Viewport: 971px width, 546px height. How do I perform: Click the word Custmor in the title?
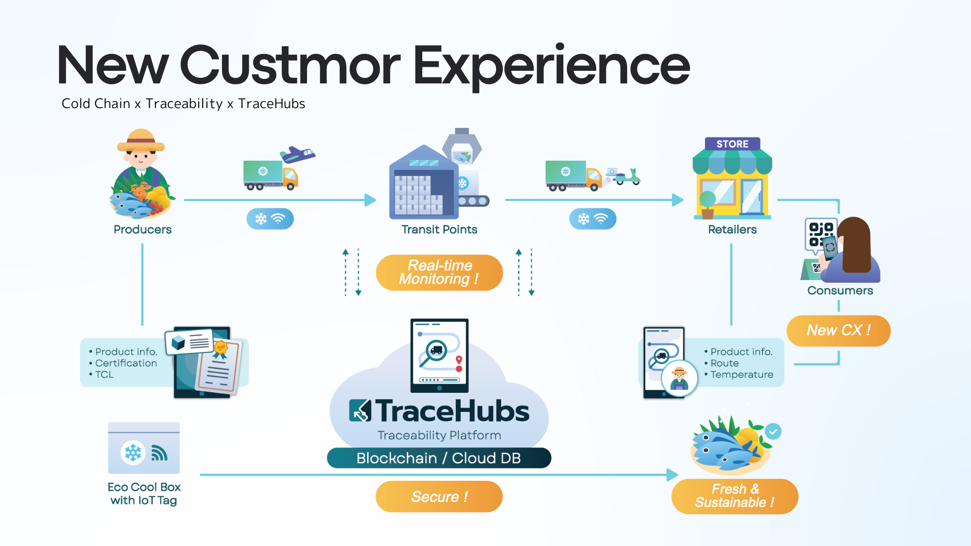coord(290,66)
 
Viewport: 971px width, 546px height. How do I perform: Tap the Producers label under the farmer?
coord(143,230)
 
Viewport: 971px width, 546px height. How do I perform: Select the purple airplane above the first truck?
coord(298,154)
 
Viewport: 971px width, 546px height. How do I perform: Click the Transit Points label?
coord(439,230)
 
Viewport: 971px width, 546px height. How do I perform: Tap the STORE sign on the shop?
coord(732,144)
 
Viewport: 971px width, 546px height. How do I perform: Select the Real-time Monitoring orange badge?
coord(439,272)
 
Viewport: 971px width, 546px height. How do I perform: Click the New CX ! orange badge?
coord(838,331)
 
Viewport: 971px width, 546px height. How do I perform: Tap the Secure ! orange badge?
coord(439,496)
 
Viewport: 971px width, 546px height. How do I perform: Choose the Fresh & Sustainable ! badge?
coord(734,496)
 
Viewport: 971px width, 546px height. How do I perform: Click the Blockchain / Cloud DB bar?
coord(438,458)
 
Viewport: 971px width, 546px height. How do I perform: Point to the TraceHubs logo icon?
coord(360,411)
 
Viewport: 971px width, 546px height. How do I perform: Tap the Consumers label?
coord(840,291)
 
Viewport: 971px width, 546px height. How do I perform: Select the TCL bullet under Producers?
coord(104,375)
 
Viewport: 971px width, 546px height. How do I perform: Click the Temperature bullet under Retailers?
coord(741,375)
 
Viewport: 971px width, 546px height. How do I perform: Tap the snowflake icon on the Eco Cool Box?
coord(133,452)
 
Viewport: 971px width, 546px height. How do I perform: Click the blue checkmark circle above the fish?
coord(773,431)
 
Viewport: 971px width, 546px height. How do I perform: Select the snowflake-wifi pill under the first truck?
coord(270,219)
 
